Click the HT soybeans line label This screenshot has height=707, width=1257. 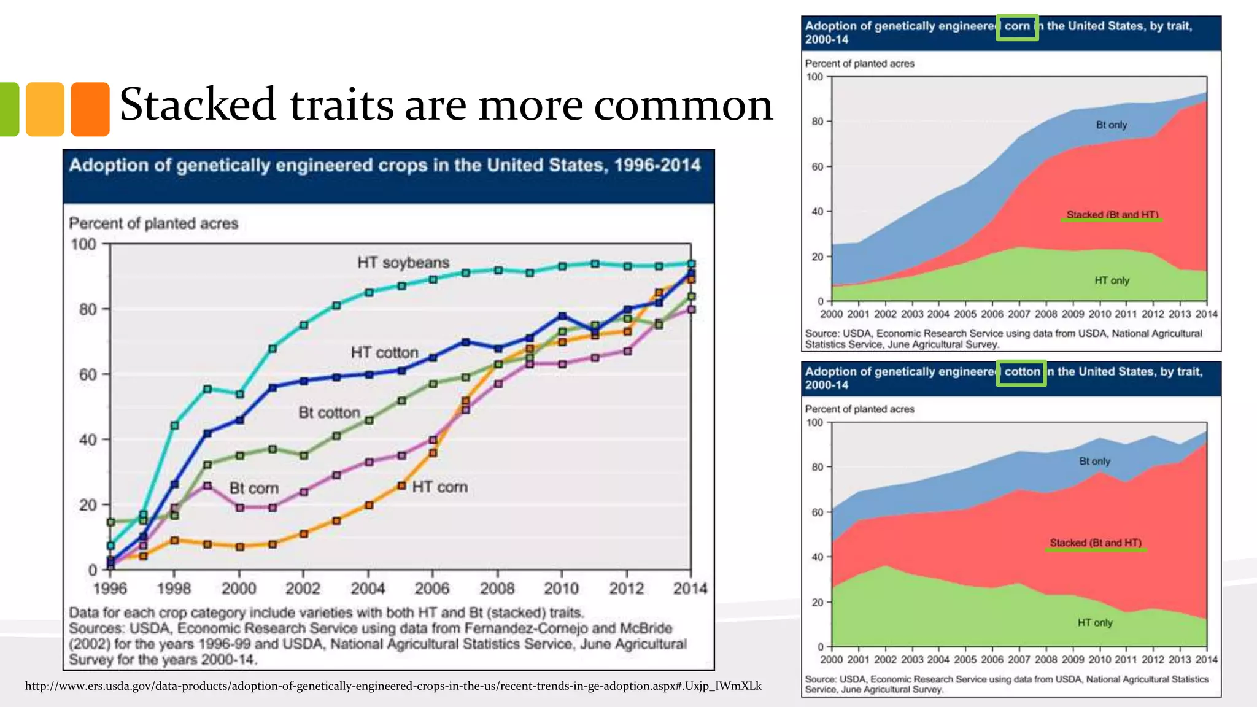coord(403,263)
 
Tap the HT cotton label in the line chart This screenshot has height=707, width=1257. coord(384,353)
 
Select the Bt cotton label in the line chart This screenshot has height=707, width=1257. coord(329,412)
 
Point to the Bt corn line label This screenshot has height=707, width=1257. coord(253,489)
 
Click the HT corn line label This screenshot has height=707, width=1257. coord(439,487)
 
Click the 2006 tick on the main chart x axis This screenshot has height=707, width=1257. coord(432,589)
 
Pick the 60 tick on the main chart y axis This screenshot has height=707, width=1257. coord(88,374)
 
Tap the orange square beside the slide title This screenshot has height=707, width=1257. coord(90,109)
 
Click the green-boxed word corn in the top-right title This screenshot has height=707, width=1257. coord(1017,26)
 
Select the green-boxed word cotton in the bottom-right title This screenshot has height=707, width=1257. coord(1022,372)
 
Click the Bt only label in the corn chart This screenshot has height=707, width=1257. coord(1112,125)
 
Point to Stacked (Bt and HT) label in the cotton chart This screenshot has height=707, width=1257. coord(1096,543)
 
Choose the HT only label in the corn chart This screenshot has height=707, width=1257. coord(1112,280)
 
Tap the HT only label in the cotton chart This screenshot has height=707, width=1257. coord(1095,622)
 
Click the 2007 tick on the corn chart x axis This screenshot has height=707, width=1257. coord(1019,314)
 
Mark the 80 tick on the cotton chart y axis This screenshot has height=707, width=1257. coord(817,467)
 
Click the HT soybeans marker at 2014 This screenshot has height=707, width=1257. coord(691,264)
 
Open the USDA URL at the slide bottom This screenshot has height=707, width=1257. coord(393,686)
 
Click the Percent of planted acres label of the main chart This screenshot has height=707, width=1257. coord(153,223)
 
